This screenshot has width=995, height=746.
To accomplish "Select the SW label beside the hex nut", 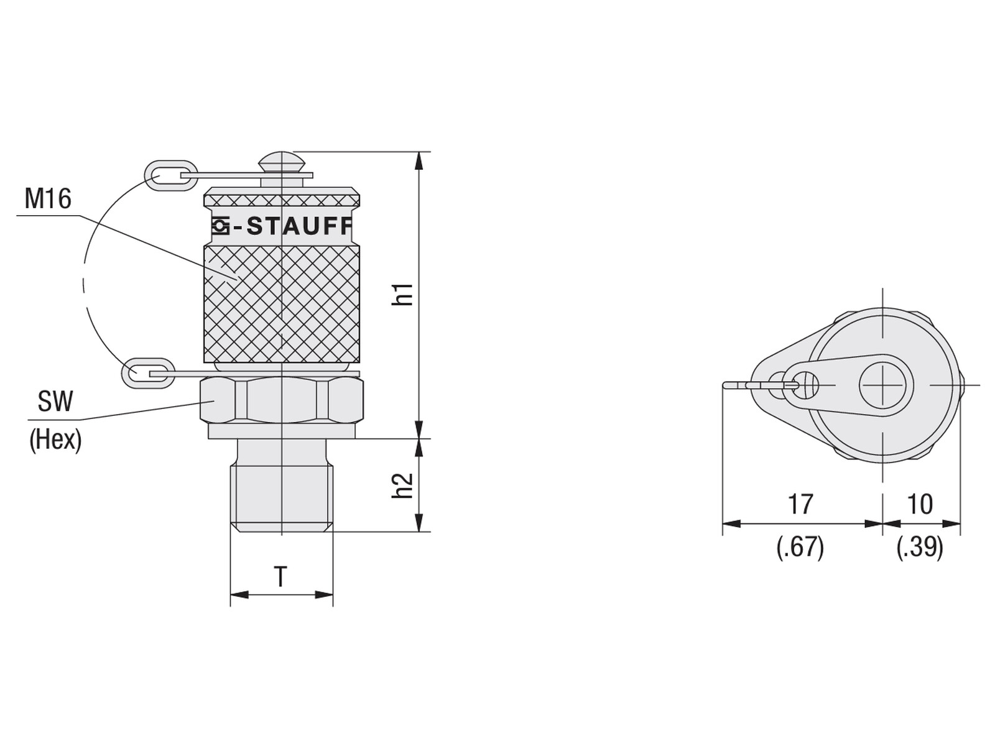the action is (x=55, y=402).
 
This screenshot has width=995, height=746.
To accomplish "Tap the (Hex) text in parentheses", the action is (x=55, y=440).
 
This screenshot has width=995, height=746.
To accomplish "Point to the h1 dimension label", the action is (x=402, y=294).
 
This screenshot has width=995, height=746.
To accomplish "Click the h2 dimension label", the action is (x=402, y=486).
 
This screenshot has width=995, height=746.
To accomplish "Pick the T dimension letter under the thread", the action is (x=280, y=577).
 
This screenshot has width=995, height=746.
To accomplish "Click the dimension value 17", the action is (x=800, y=504).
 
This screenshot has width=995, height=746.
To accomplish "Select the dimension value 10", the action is (x=920, y=504).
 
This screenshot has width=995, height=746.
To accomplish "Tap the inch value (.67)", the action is (x=800, y=548).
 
